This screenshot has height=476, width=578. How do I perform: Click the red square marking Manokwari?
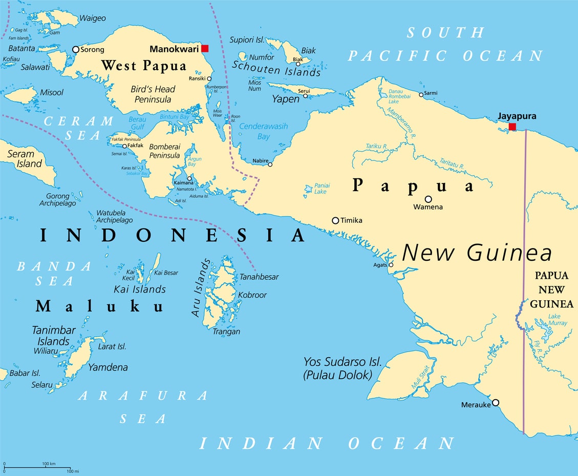(205, 49)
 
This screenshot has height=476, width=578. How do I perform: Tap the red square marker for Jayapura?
(512, 127)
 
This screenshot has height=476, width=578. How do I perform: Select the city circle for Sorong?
(76, 50)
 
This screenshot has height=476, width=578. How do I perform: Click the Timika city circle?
(335, 220)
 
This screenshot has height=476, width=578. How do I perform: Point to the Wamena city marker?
(428, 199)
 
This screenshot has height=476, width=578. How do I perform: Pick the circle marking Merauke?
(496, 403)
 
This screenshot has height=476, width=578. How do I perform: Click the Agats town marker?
(391, 265)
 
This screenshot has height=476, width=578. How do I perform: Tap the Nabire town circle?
(270, 164)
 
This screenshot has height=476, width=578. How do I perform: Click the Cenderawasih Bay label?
(264, 131)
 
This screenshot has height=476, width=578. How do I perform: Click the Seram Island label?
(25, 159)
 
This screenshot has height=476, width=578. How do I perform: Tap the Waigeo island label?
(92, 18)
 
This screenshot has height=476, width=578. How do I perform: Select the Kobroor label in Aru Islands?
(252, 295)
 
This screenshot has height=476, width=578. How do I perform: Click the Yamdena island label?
(108, 367)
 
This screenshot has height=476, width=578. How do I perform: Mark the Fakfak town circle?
(124, 146)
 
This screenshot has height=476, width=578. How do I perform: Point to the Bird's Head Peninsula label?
(153, 94)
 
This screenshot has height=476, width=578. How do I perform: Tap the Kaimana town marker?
(189, 178)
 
